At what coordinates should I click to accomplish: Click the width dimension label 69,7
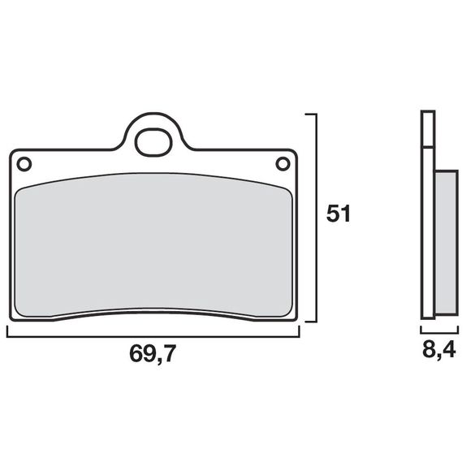click(153, 354)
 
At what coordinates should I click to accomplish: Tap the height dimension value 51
click(338, 214)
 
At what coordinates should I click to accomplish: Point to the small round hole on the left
click(24, 164)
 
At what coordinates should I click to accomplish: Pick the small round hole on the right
click(283, 164)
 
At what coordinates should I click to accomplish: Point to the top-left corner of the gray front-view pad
click(19, 186)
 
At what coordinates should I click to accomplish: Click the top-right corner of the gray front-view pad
click(287, 186)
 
